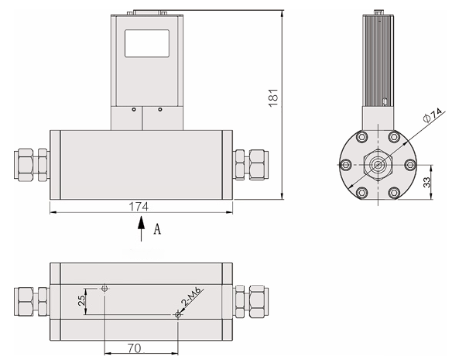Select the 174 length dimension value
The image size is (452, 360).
[139, 207]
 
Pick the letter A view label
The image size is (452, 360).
[157, 229]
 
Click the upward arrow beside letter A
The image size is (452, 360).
[141, 229]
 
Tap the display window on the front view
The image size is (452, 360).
[146, 43]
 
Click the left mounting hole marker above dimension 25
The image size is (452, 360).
[105, 288]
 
